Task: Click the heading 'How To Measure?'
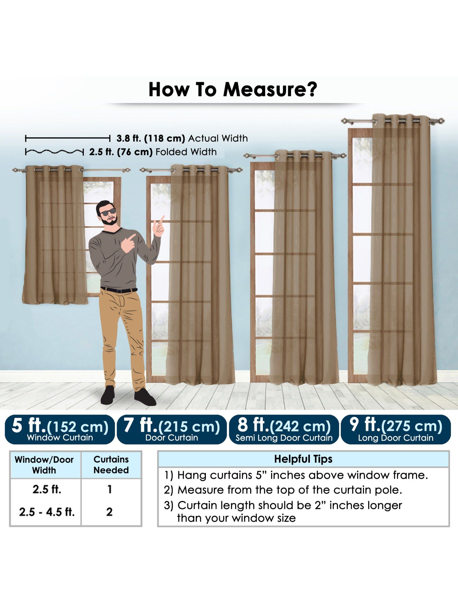[x=233, y=90]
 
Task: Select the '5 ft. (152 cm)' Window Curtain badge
[x=60, y=429]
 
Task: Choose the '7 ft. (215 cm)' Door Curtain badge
[x=172, y=429]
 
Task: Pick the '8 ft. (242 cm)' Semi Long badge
[x=284, y=429]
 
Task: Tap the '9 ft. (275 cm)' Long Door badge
[x=396, y=429]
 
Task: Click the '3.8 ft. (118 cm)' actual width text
[x=151, y=138]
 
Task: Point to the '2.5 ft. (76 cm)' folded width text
[x=121, y=152]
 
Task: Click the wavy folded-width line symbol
[x=54, y=152]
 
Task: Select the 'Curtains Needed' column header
[x=111, y=465]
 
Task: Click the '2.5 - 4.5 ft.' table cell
[x=47, y=512]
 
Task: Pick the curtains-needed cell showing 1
[x=110, y=490]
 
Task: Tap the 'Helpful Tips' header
[x=303, y=459]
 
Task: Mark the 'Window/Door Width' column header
[x=44, y=465]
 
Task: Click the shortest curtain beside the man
[x=55, y=235]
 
